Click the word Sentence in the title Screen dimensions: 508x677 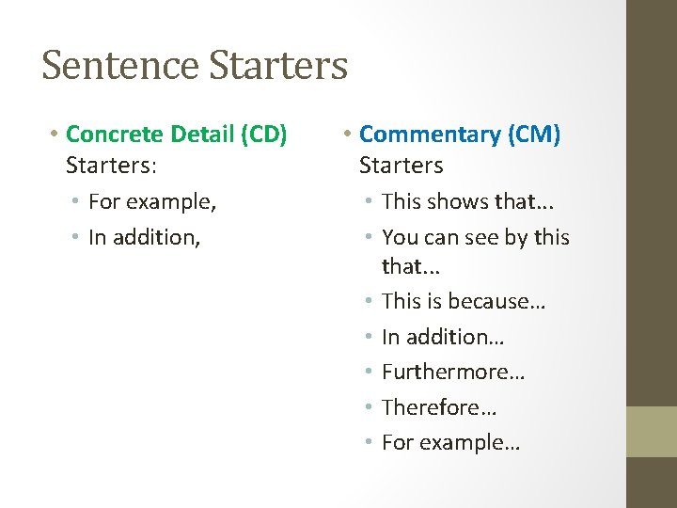click(120, 66)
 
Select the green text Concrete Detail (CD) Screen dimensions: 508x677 click(177, 135)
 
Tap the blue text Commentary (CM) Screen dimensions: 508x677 click(460, 135)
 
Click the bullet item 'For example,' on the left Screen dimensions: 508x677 click(152, 201)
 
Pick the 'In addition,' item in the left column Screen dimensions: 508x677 click(144, 237)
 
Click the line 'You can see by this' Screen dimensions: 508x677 click(476, 237)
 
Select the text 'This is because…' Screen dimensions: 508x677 click(464, 301)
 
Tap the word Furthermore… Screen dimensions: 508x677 click(453, 372)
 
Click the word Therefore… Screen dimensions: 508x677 click(439, 407)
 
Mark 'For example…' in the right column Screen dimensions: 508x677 click(450, 442)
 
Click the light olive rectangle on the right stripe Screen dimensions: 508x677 click(652, 431)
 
